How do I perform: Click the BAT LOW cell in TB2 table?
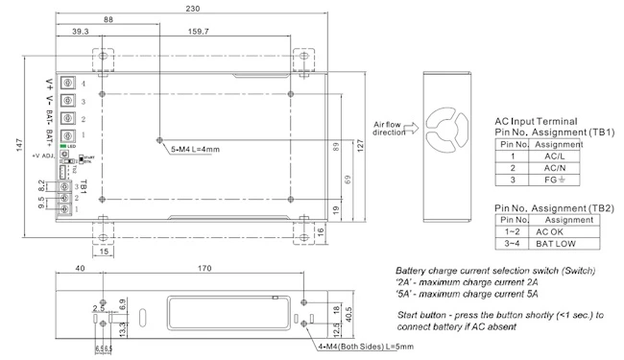[560, 244]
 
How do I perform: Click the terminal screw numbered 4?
[69, 84]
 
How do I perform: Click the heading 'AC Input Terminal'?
[536, 121]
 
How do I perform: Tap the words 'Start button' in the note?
[420, 315]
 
